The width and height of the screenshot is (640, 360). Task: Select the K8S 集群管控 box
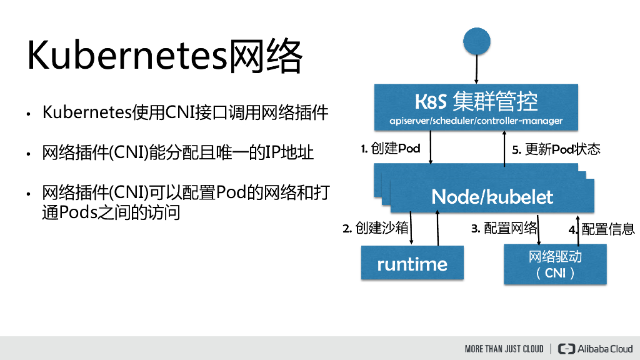click(476, 107)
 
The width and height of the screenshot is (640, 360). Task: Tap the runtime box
click(412, 264)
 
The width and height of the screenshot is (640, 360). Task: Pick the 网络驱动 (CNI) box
click(555, 265)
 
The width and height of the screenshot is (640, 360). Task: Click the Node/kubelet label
click(492, 197)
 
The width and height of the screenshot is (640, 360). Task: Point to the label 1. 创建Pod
click(391, 149)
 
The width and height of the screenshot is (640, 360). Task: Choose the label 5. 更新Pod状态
click(556, 149)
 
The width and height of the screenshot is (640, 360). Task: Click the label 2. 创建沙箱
click(374, 229)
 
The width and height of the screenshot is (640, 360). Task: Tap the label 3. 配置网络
click(504, 229)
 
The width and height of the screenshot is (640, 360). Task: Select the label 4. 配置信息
click(602, 229)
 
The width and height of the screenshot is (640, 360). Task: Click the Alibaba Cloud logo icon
click(566, 349)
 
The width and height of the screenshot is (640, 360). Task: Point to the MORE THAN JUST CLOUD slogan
click(504, 349)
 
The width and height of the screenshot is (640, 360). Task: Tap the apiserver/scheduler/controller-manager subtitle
click(476, 121)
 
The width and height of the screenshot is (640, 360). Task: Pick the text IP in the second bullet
click(273, 153)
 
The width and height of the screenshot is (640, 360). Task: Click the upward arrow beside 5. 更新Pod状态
click(505, 151)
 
